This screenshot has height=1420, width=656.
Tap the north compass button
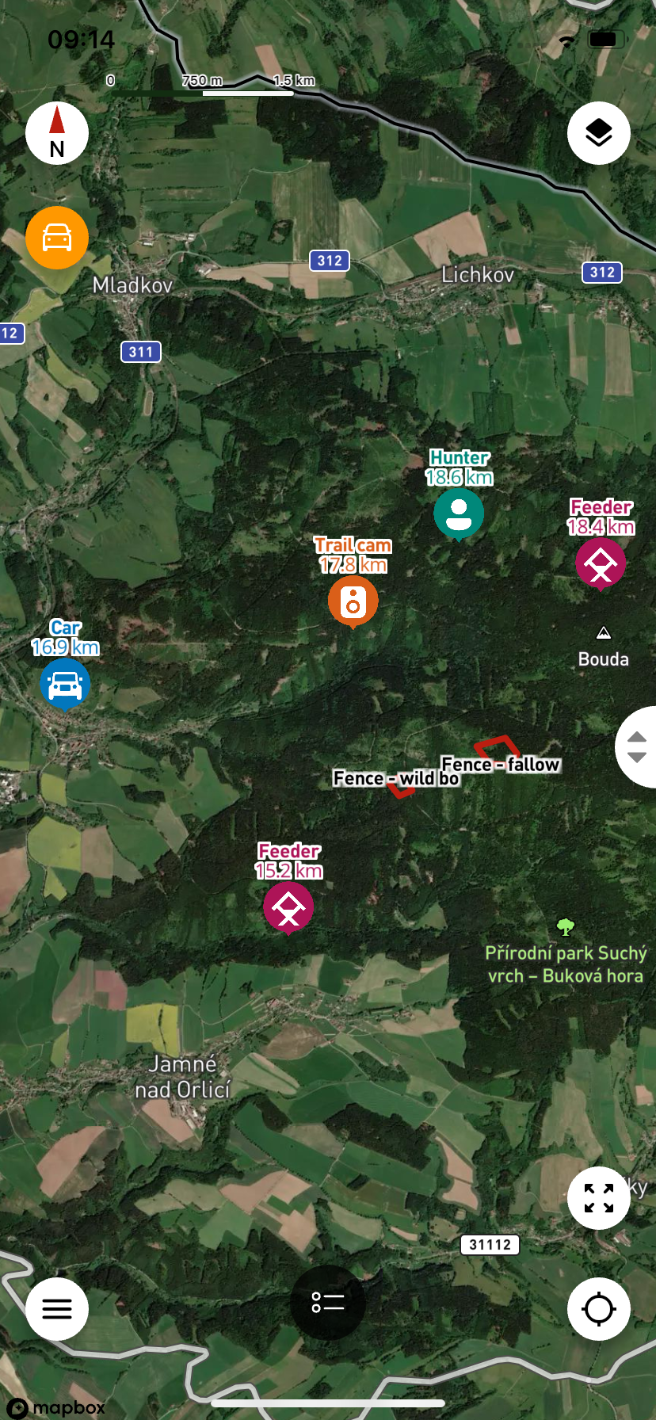pos(57,133)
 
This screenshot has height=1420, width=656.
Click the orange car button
pos(57,238)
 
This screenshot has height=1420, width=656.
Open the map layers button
pos(599,133)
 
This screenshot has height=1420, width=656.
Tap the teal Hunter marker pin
pos(459,513)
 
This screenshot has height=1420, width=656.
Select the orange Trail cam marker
pos(353,601)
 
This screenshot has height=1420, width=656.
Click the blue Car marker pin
pos(65,684)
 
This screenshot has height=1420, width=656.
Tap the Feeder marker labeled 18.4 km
pos(601,563)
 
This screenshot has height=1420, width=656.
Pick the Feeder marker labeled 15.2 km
pos(288,907)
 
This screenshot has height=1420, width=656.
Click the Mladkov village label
pos(132,285)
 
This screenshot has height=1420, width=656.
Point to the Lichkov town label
pos(478,275)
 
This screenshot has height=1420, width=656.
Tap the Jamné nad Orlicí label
pos(182,1077)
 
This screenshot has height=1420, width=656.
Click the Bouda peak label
pos(603,659)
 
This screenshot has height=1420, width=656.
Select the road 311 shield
pos(141,352)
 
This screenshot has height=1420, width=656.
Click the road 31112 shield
pos(490,1244)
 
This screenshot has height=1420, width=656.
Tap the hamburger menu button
pos(57,1309)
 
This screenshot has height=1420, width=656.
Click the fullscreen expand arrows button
pos(599,1198)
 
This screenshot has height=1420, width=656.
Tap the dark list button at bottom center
pos(328,1302)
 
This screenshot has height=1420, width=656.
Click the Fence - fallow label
pos(501,765)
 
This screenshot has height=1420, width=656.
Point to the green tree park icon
pos(565,926)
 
